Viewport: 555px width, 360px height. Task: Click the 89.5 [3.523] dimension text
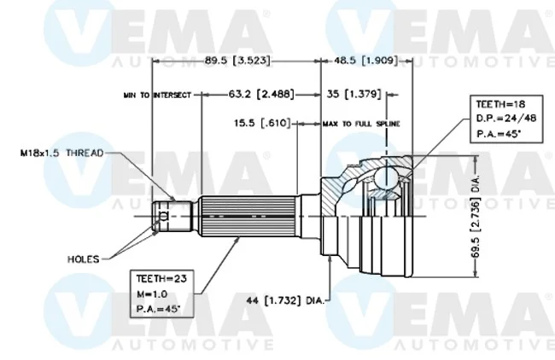click(237, 61)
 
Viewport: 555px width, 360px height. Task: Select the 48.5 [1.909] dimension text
click(365, 61)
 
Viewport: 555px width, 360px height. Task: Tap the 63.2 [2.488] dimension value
click(261, 94)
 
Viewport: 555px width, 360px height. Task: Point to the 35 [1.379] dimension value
click(353, 94)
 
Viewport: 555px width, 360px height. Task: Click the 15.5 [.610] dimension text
click(262, 123)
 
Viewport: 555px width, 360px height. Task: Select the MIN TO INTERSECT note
click(157, 96)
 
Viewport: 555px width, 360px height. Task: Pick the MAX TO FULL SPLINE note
click(361, 124)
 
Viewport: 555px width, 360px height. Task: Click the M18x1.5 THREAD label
click(62, 153)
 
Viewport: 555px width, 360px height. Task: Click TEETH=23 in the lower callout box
click(161, 279)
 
